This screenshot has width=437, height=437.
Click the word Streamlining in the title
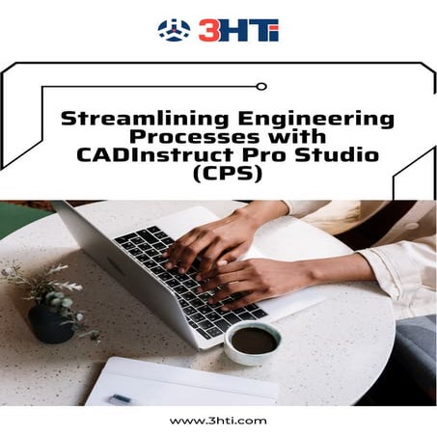124,120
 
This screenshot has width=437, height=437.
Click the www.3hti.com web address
218,420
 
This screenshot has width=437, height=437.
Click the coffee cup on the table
253,339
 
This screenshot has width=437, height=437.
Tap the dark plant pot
51,321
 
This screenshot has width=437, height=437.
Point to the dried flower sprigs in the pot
39,286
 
